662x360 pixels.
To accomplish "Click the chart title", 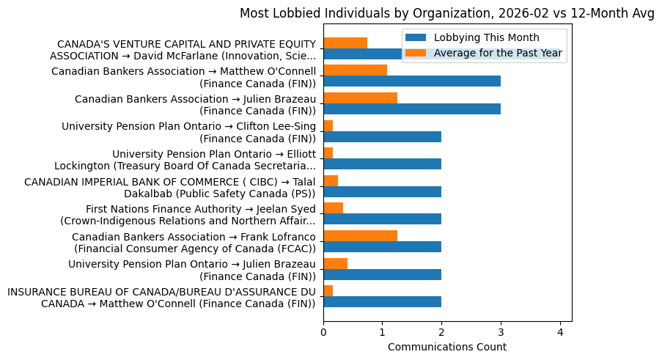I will point(446,13).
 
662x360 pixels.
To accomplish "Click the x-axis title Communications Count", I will point(446,347).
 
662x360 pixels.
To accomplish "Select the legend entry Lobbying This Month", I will point(486,38).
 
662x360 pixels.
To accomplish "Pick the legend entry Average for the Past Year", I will point(498,53).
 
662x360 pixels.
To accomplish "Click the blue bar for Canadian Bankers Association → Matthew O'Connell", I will point(412,81).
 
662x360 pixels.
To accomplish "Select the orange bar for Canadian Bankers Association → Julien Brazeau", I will point(360,98).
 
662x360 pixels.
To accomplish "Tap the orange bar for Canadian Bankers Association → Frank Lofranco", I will point(360,236).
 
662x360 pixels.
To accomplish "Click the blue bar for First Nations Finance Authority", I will point(382,219).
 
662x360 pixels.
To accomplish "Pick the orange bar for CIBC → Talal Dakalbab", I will point(331,181).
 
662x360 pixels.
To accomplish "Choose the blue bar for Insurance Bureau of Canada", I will point(382,302).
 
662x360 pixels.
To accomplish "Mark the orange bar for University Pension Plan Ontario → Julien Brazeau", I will point(335,264).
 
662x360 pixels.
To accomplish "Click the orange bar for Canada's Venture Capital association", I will point(345,43).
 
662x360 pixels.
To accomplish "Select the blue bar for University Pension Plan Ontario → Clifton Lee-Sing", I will point(382,136).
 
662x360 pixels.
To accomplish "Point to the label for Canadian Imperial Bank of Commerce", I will point(170,187).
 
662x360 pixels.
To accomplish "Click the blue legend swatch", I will point(416,38).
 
